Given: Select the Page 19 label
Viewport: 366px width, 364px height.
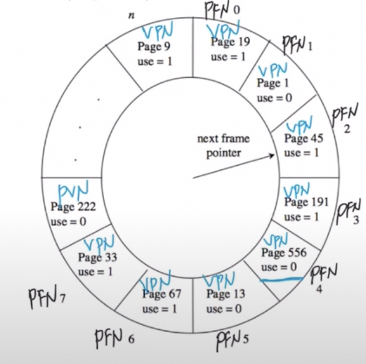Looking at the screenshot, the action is [230, 42].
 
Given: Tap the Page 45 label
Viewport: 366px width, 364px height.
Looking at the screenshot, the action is [303, 139].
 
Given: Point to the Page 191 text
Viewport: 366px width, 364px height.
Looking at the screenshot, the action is [306, 202].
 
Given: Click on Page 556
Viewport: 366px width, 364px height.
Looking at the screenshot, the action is [283, 253].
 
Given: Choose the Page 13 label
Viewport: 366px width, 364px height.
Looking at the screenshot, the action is [225, 294].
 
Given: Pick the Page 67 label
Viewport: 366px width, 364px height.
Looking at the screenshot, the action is [162, 294].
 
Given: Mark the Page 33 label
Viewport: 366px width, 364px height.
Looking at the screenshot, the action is [97, 257].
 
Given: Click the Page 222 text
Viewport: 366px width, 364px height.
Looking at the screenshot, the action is [72, 206].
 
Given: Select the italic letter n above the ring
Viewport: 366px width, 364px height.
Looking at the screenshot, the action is [131, 15].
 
